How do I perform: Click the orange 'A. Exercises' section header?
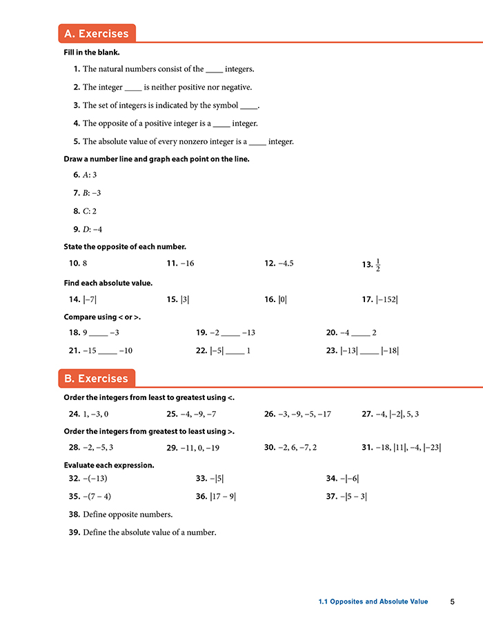96,34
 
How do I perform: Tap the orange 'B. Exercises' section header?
96,379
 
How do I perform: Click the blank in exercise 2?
132,88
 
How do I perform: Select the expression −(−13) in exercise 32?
95,479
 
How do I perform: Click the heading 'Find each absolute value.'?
108,283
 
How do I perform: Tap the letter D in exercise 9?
86,229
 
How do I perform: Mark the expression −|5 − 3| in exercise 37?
355,496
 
